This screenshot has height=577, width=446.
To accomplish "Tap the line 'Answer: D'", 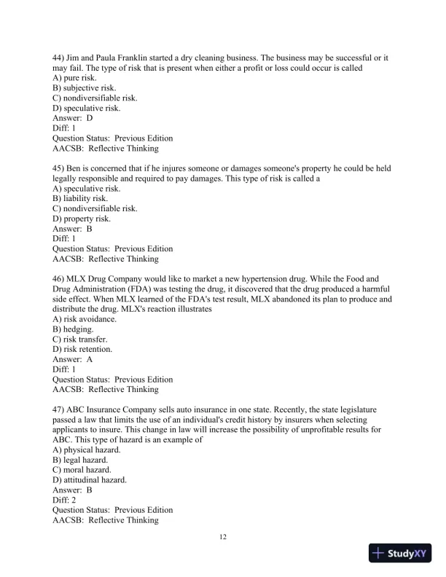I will (73, 118).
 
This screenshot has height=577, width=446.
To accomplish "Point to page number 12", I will (223, 538).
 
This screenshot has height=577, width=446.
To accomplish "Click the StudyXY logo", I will (401, 554).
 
